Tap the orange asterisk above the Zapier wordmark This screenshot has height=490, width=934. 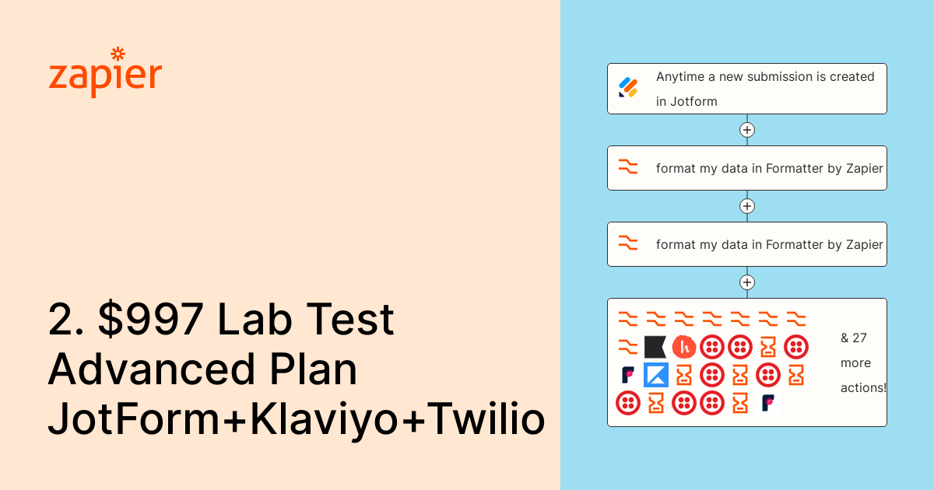[118, 54]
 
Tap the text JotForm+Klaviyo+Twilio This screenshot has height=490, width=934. [296, 421]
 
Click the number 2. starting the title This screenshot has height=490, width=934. [65, 321]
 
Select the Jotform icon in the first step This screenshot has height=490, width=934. [628, 88]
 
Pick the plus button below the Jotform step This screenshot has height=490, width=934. [747, 130]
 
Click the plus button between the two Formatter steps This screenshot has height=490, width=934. [747, 206]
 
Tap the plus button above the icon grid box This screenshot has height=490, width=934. [747, 282]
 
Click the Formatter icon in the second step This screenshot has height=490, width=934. [628, 167]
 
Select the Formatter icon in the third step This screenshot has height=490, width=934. [628, 243]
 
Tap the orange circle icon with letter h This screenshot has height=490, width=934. [683, 347]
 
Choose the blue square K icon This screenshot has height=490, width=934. [656, 375]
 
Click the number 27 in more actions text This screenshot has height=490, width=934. [859, 338]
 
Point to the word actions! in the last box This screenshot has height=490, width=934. [863, 387]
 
